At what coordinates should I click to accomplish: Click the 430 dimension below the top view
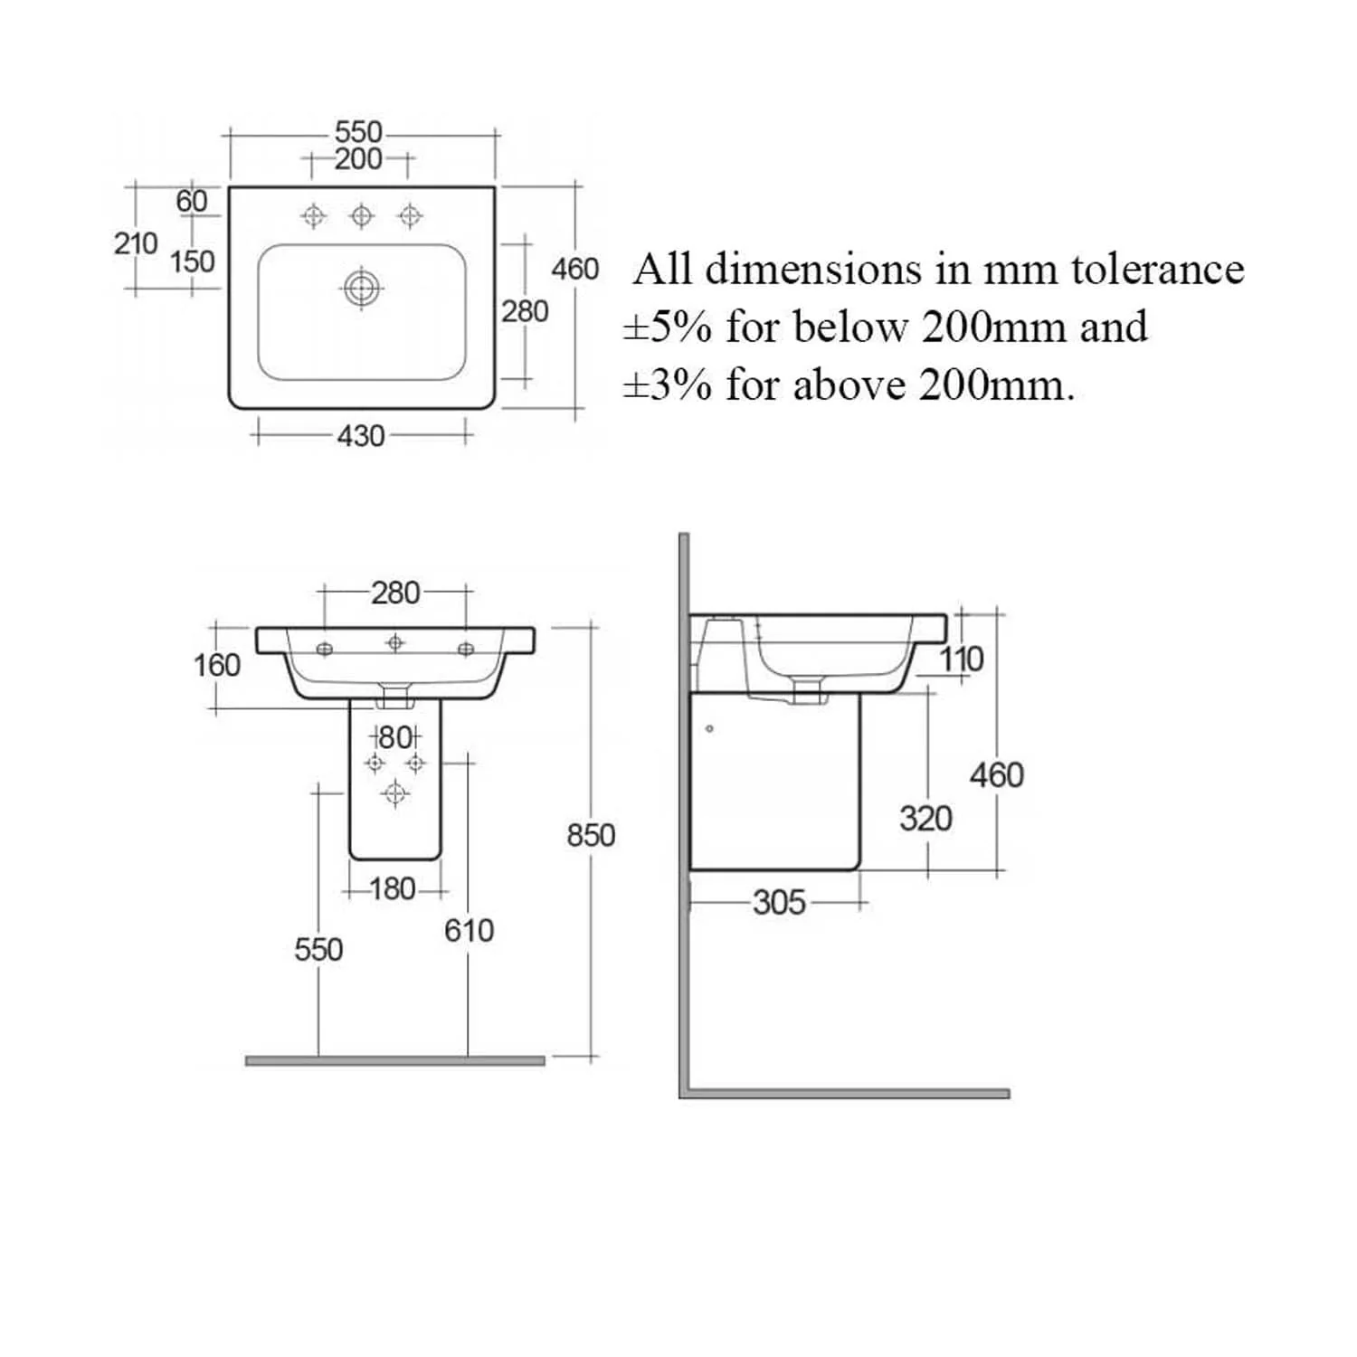(361, 436)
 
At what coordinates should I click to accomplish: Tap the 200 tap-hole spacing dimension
(358, 159)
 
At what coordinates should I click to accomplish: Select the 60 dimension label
(192, 201)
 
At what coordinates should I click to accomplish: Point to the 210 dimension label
(136, 243)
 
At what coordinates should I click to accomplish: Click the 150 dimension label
(193, 261)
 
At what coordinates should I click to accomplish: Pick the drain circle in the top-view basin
(362, 289)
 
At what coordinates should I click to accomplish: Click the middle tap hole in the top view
(362, 215)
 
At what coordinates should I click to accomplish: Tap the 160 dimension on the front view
(217, 666)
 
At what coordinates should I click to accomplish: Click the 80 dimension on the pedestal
(395, 737)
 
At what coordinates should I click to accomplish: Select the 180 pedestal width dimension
(393, 889)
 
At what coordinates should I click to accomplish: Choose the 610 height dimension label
(469, 930)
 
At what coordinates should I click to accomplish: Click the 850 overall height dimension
(591, 835)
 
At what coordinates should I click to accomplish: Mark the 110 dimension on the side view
(961, 660)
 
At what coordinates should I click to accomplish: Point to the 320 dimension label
(925, 819)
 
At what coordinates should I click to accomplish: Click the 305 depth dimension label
(779, 902)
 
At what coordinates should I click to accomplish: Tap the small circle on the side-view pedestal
(709, 728)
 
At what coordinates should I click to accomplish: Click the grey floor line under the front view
(395, 1061)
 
